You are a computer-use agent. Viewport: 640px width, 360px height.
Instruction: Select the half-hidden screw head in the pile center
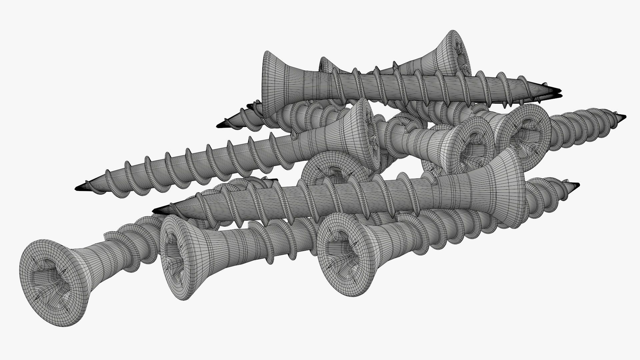330,170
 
